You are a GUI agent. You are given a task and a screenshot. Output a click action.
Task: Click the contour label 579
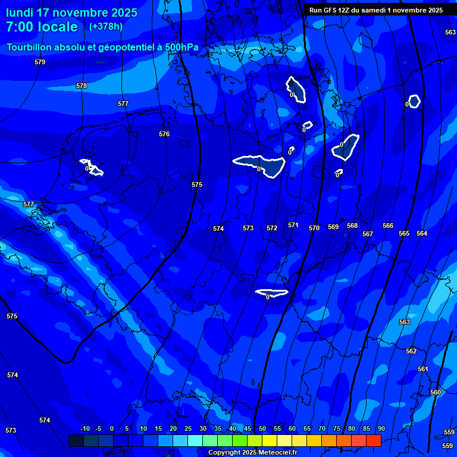tap(40, 62)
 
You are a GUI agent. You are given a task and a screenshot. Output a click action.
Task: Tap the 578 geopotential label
tap(82, 86)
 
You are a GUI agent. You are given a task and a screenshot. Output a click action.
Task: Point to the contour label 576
tap(164, 134)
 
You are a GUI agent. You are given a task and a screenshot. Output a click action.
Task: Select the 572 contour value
tap(272, 228)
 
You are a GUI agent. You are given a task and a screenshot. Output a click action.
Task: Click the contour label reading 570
tap(314, 228)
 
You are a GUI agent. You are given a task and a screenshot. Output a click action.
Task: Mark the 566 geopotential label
tap(388, 226)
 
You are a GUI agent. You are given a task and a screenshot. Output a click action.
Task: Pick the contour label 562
tap(411, 351)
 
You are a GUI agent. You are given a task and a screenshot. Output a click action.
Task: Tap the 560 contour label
tap(436, 392)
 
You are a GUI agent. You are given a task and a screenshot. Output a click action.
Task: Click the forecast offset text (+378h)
tap(105, 27)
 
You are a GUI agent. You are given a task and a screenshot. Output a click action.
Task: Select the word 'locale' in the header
tap(57, 27)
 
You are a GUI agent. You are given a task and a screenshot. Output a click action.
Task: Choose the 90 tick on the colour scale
tap(381, 428)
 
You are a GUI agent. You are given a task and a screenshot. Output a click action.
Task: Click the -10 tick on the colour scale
tap(84, 428)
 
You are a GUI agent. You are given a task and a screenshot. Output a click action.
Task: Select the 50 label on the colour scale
tap(262, 428)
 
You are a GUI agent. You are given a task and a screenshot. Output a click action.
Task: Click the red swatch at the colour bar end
tap(373, 440)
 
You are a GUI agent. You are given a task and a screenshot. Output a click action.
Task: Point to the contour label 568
tap(352, 226)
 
